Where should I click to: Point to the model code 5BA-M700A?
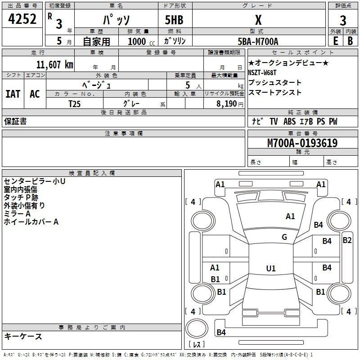(x=258, y=41)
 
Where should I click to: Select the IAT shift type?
(x=13, y=94)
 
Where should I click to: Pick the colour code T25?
(x=75, y=103)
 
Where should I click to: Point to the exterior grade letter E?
(x=335, y=41)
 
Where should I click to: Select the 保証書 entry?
(x=15, y=121)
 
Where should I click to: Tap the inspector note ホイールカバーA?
(x=31, y=222)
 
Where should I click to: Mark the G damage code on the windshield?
(x=284, y=237)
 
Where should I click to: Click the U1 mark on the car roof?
(x=270, y=268)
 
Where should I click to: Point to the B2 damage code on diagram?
(x=347, y=240)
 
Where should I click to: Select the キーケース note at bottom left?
(x=23, y=336)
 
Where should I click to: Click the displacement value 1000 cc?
(x=140, y=41)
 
